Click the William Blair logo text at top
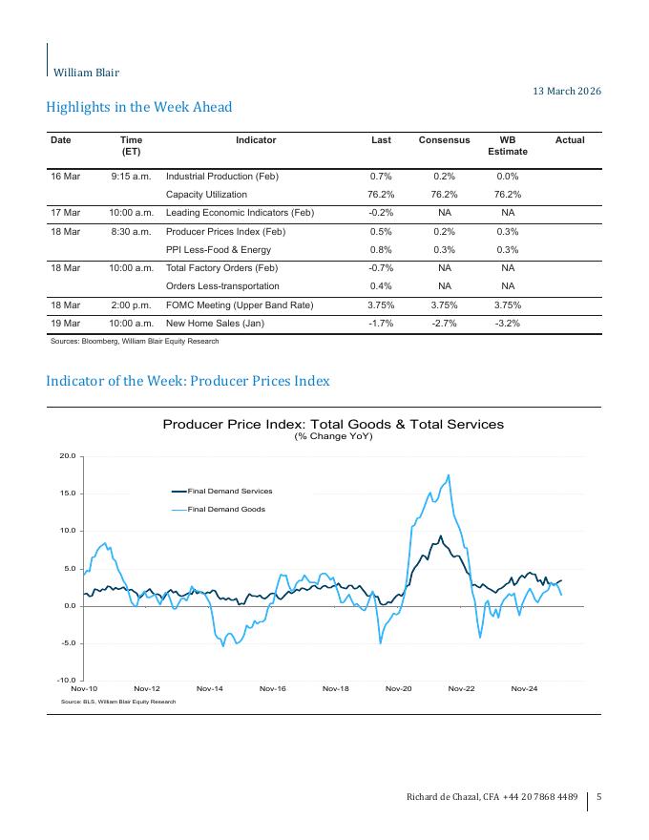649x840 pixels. click(x=86, y=72)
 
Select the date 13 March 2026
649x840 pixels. click(x=566, y=91)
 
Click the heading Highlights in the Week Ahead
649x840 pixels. click(x=139, y=107)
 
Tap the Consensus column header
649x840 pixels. click(x=444, y=140)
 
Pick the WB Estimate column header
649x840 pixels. click(x=507, y=145)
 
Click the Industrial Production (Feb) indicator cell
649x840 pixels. click(x=221, y=177)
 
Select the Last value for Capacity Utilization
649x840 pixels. click(x=381, y=195)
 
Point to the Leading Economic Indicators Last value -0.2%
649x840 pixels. click(x=381, y=213)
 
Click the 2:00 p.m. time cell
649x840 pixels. click(x=132, y=305)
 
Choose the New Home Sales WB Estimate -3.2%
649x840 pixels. click(x=507, y=324)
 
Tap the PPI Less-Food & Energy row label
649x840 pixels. click(x=218, y=250)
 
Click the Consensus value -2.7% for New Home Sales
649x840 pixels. click(x=444, y=324)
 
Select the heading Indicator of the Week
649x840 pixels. click(x=188, y=381)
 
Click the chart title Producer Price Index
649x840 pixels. click(x=332, y=424)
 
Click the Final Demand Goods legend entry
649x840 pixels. click(x=225, y=510)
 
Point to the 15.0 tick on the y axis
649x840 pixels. click(x=67, y=493)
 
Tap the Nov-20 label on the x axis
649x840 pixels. click(x=398, y=688)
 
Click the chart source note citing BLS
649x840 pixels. click(x=118, y=702)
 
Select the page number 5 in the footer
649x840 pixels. click(x=598, y=797)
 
